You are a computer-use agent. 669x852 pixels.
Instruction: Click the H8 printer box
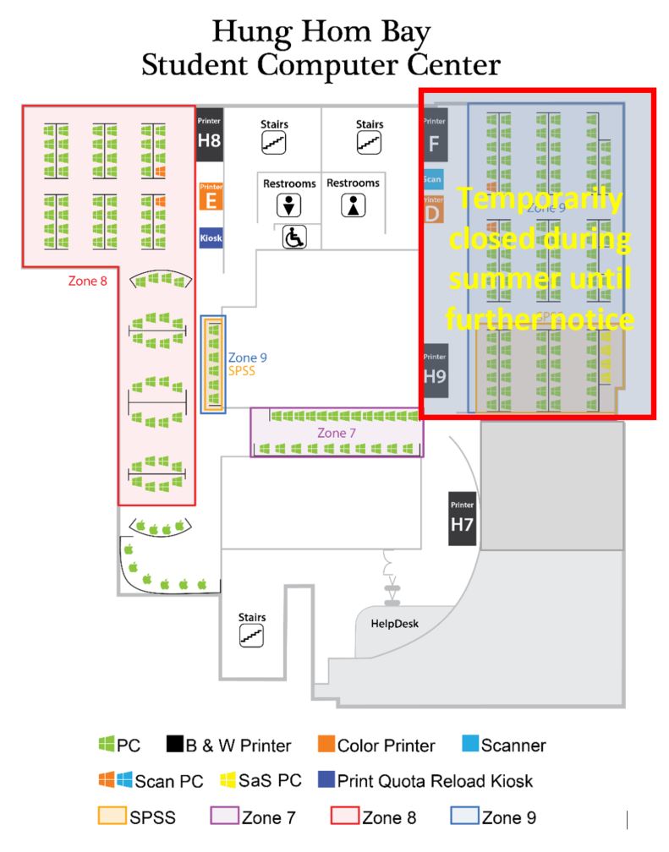pyautogui.click(x=209, y=134)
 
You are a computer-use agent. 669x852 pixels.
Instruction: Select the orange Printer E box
pyautogui.click(x=210, y=197)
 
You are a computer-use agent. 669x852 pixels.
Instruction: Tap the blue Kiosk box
pyautogui.click(x=211, y=238)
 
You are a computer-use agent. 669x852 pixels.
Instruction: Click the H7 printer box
pyautogui.click(x=461, y=518)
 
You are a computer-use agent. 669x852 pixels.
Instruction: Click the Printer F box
pyautogui.click(x=434, y=136)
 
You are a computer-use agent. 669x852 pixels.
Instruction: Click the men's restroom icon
pyautogui.click(x=289, y=205)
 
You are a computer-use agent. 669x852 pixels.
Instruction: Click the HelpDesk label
pyautogui.click(x=395, y=625)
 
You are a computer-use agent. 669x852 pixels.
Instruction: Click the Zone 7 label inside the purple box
pyautogui.click(x=337, y=433)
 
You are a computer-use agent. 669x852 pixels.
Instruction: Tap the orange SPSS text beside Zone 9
pyautogui.click(x=242, y=370)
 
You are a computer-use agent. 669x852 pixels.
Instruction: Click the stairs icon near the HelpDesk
pyautogui.click(x=252, y=636)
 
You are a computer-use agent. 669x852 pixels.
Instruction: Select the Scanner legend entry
pyautogui.click(x=504, y=745)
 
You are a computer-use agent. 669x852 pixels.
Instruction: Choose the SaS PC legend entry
pyautogui.click(x=257, y=781)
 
